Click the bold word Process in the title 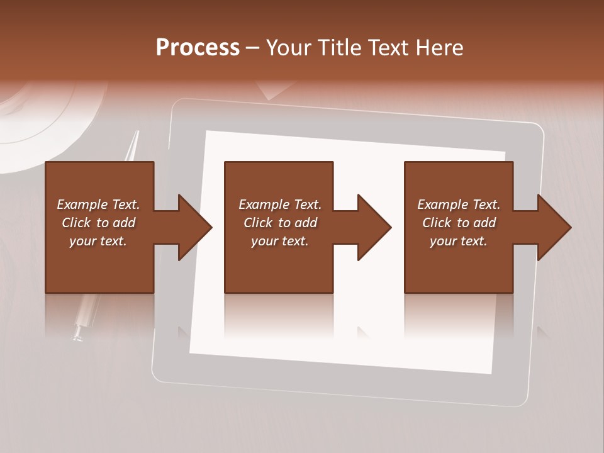(x=198, y=47)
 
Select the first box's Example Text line (x=98, y=204)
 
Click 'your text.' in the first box (x=98, y=241)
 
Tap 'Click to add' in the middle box (x=280, y=223)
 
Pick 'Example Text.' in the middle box (x=280, y=204)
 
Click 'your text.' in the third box (x=459, y=241)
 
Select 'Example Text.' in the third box (x=459, y=204)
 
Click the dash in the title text (x=253, y=47)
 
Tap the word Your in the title (x=290, y=47)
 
